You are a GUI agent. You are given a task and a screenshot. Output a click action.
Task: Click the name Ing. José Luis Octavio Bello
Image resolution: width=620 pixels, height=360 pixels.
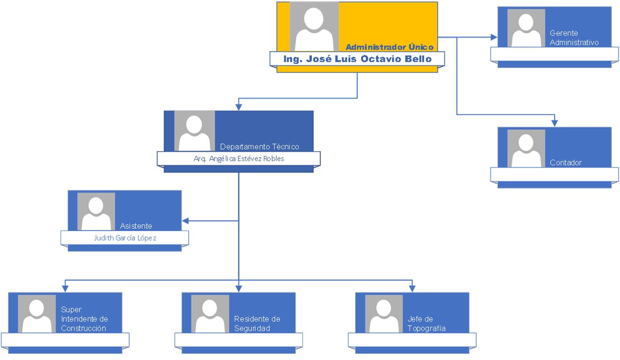[x=357, y=59]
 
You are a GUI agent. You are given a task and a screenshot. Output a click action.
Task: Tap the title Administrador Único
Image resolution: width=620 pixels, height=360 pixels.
[x=389, y=47]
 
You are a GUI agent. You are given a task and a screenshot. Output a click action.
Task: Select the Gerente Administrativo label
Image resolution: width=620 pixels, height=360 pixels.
[x=574, y=38]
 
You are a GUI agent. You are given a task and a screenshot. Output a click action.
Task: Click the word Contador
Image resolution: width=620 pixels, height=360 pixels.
[x=566, y=162]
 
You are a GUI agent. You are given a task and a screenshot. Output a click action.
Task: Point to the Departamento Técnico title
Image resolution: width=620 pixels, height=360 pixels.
[x=259, y=146]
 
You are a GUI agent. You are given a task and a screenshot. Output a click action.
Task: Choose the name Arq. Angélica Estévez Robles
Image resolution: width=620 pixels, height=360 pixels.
[x=239, y=159]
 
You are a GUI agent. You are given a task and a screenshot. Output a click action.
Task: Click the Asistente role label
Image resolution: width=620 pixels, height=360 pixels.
[x=136, y=226]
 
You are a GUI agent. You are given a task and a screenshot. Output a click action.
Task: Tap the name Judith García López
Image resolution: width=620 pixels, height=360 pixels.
[x=125, y=238]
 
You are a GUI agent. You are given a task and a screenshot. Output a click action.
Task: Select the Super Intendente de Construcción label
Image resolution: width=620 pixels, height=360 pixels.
[x=84, y=319]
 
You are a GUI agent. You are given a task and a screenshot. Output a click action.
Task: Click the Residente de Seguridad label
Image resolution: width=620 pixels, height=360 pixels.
[x=257, y=324]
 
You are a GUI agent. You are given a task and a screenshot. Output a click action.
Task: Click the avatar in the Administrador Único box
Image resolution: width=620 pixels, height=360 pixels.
[x=314, y=27]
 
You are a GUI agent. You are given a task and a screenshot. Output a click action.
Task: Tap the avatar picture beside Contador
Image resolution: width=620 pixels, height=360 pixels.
[x=526, y=148]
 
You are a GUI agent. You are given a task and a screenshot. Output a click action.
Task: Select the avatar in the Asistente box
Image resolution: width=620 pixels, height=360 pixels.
[x=96, y=212]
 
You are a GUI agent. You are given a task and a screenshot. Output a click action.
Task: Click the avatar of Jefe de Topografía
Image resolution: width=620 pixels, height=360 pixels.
[x=384, y=314]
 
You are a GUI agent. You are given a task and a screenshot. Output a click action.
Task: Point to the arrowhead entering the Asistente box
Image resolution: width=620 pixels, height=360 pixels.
[x=185, y=221]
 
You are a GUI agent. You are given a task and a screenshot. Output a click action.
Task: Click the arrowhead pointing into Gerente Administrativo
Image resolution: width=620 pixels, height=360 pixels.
[x=494, y=37]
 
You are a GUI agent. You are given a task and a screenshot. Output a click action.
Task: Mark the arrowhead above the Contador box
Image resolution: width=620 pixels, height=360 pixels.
[x=555, y=123]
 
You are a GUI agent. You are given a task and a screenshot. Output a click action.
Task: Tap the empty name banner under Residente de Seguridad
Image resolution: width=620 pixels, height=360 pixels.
[x=239, y=340]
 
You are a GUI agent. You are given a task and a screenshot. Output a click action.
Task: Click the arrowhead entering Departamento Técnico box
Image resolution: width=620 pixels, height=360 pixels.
[x=239, y=107]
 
